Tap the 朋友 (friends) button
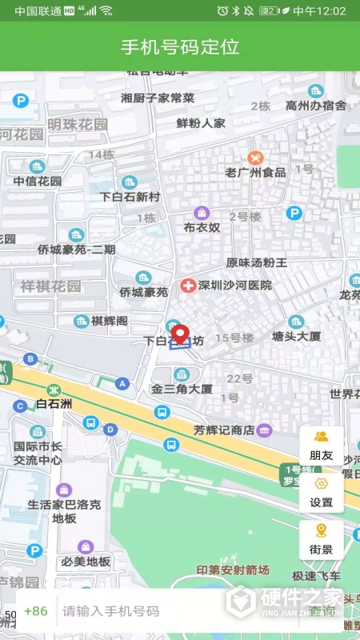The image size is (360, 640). (x=321, y=445)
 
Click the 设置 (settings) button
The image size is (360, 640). (x=321, y=492)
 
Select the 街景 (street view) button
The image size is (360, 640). (x=321, y=539)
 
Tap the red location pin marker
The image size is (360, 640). (x=180, y=334)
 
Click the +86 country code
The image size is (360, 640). (x=36, y=611)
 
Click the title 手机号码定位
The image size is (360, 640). (x=180, y=46)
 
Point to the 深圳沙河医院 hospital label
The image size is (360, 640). (x=235, y=286)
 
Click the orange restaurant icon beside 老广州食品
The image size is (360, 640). (x=255, y=158)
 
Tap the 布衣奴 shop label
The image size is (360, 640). (x=202, y=228)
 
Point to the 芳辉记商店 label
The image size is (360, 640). (x=223, y=430)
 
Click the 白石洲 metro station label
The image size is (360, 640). (x=54, y=404)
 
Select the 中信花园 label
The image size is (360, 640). (x=37, y=181)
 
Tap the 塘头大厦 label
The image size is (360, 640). (x=296, y=337)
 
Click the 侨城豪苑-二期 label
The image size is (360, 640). (x=76, y=250)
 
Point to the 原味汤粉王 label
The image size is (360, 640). (x=256, y=262)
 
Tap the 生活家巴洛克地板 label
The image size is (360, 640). (x=64, y=511)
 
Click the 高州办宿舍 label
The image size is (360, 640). (x=316, y=106)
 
